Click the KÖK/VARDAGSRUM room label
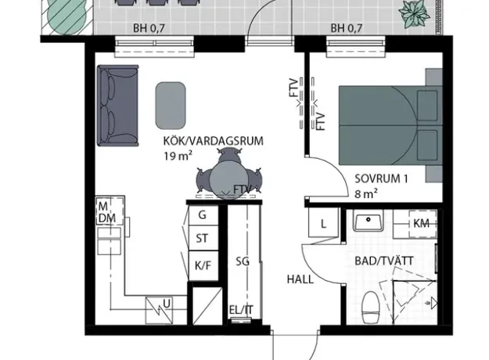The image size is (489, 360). click(x=214, y=141)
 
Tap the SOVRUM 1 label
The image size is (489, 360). click(x=381, y=178)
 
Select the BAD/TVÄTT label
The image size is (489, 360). click(x=384, y=261)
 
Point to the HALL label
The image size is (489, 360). click(x=300, y=279)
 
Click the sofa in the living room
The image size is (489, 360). click(x=117, y=106)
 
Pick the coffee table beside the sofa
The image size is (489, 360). click(x=171, y=106)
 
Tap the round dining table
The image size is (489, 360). click(x=225, y=180)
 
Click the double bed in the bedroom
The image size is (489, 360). click(x=390, y=125)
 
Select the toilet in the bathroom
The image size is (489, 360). click(x=371, y=308)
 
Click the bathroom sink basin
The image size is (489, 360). click(x=369, y=220)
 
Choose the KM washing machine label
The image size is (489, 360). click(x=421, y=223)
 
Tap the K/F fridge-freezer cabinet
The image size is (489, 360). click(x=203, y=265)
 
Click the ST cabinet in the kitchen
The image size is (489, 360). click(x=203, y=238)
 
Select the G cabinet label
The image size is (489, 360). click(x=202, y=215)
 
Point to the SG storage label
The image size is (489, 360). click(x=243, y=261)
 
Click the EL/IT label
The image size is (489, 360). click(x=241, y=310)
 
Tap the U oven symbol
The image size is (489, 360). click(x=159, y=311)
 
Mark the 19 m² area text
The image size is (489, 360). click(x=178, y=156)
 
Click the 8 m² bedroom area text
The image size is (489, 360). click(x=366, y=194)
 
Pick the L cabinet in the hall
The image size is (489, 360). click(x=323, y=223)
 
